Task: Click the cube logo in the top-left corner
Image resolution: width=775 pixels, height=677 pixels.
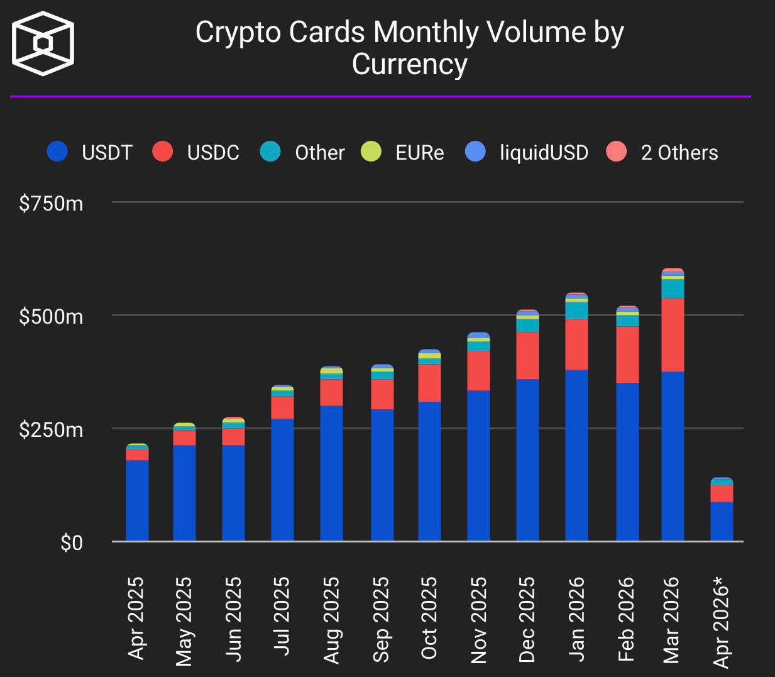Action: (x=43, y=43)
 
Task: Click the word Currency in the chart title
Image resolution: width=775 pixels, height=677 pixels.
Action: (x=409, y=64)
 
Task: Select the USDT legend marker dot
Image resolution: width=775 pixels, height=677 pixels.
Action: (x=57, y=152)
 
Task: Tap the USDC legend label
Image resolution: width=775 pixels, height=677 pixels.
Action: (x=213, y=153)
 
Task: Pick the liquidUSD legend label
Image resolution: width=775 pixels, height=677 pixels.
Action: (x=544, y=153)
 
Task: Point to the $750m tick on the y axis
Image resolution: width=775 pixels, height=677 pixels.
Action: (x=51, y=204)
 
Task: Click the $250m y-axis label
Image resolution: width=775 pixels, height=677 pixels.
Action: (x=51, y=430)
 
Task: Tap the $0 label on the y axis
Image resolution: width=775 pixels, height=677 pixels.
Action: (x=72, y=542)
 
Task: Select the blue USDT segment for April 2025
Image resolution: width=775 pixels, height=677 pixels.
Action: (x=137, y=500)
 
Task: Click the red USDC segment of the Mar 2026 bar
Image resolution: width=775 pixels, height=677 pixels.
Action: (x=673, y=335)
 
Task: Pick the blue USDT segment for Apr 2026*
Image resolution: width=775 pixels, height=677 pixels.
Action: (x=722, y=521)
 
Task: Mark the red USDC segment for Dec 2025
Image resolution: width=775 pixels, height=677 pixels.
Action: (x=527, y=355)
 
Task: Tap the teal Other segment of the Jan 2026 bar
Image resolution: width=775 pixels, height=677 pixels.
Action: (x=576, y=311)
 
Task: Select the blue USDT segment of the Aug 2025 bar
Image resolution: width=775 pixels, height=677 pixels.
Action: (x=331, y=473)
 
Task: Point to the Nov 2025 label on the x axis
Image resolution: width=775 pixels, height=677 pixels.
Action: (x=478, y=620)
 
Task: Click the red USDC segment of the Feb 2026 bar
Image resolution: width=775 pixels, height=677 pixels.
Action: (x=627, y=355)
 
